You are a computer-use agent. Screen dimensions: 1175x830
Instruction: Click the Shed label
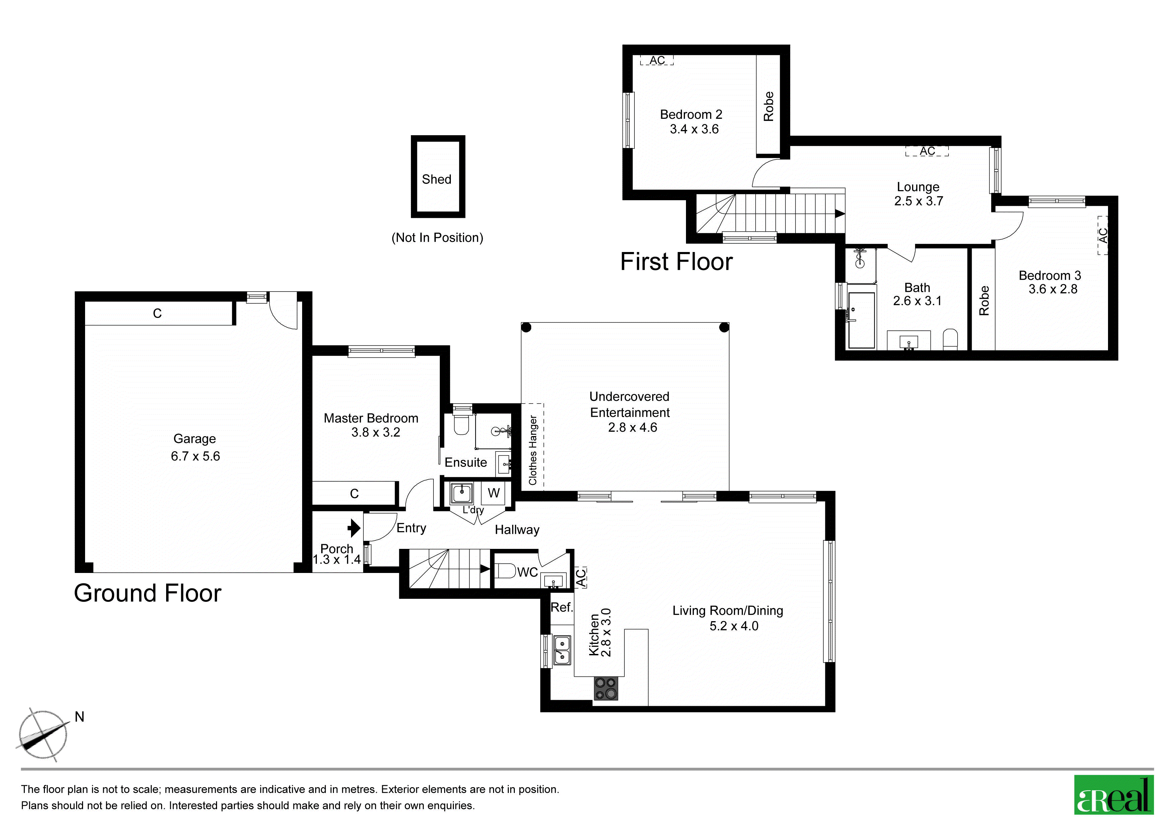[x=436, y=179]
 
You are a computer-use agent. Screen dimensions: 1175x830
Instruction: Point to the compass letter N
[x=79, y=717]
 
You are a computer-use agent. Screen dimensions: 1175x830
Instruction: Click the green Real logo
[x=1114, y=795]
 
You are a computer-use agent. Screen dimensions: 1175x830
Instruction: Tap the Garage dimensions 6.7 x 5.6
[x=196, y=456]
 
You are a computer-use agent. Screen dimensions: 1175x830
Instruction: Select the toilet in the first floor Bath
[x=950, y=339]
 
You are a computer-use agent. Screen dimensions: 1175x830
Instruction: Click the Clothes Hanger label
[x=533, y=450]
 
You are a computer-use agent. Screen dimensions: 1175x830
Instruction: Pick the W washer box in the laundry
[x=493, y=493]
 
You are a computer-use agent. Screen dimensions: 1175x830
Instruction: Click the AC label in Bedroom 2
[x=657, y=60]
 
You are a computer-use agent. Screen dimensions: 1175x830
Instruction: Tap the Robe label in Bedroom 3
[x=984, y=301]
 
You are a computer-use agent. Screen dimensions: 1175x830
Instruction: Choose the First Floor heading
[x=677, y=262]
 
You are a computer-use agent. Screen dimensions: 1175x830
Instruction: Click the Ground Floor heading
[x=147, y=593]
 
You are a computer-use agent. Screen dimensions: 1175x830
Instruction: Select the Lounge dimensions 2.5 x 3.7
[x=919, y=201]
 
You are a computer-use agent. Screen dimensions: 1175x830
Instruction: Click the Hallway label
[x=517, y=530]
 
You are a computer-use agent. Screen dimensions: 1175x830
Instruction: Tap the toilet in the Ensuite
[x=461, y=424]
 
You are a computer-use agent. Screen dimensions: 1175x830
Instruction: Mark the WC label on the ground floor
[x=527, y=572]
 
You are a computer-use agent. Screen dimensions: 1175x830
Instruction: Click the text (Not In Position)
[x=437, y=238]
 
